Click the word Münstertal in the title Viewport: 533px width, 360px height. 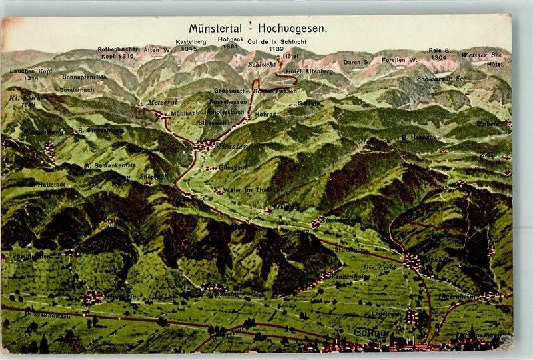217,29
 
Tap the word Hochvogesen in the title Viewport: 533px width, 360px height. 294,29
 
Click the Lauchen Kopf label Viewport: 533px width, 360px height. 31,71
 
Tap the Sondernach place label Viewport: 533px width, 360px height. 77,89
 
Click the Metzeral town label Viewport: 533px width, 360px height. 162,102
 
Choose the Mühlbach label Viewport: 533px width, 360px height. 185,113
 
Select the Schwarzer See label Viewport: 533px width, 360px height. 441,79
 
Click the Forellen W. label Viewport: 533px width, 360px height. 400,60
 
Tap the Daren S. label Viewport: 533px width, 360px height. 356,62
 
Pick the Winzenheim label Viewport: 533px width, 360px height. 351,275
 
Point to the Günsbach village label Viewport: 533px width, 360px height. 233,168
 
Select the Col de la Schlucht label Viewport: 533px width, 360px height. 276,42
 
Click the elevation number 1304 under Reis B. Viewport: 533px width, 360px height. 438,58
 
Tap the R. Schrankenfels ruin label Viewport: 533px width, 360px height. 110,165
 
